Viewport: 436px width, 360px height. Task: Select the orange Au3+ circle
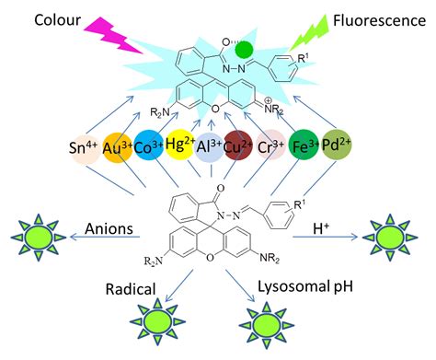(x=118, y=148)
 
